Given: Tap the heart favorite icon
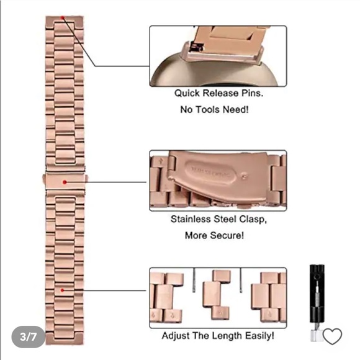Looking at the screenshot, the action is pyautogui.click(x=332, y=336).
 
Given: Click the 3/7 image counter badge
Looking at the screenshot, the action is pyautogui.click(x=28, y=337).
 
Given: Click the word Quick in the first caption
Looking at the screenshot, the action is pyautogui.click(x=187, y=94).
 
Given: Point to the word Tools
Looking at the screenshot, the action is pyautogui.click(x=207, y=109).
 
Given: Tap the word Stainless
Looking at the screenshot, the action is pyautogui.click(x=191, y=219).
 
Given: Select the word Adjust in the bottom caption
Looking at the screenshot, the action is pyautogui.click(x=176, y=336).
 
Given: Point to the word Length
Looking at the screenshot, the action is pyautogui.click(x=227, y=336).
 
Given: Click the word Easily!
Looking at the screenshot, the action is pyautogui.click(x=259, y=336).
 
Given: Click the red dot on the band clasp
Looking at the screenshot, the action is pyautogui.click(x=65, y=182).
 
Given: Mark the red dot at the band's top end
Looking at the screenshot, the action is pyautogui.click(x=63, y=17).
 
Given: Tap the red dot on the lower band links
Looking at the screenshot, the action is pyautogui.click(x=62, y=290).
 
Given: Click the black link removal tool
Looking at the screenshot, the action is pyautogui.click(x=317, y=303).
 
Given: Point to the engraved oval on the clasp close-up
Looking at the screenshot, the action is pyautogui.click(x=210, y=172).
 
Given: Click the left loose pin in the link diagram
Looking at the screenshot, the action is pyautogui.click(x=194, y=280).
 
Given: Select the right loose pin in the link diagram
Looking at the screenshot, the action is pyautogui.click(x=241, y=280).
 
